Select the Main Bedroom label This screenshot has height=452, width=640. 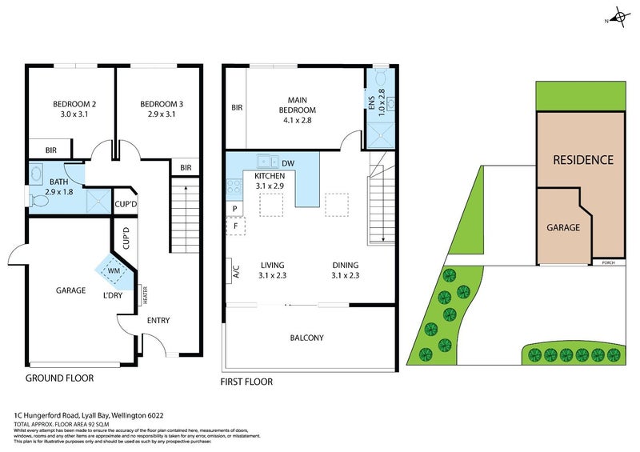pyautogui.click(x=297, y=105)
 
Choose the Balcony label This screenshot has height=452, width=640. pyautogui.click(x=306, y=338)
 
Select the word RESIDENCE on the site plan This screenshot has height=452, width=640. pyautogui.click(x=583, y=160)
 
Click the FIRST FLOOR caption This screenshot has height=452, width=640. pyautogui.click(x=246, y=382)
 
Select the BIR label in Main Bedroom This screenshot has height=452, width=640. pyautogui.click(x=237, y=108)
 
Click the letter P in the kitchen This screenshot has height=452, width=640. pyautogui.click(x=234, y=208)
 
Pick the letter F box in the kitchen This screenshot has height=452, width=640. pyautogui.click(x=235, y=226)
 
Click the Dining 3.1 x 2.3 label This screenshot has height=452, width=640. pyautogui.click(x=346, y=270)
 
